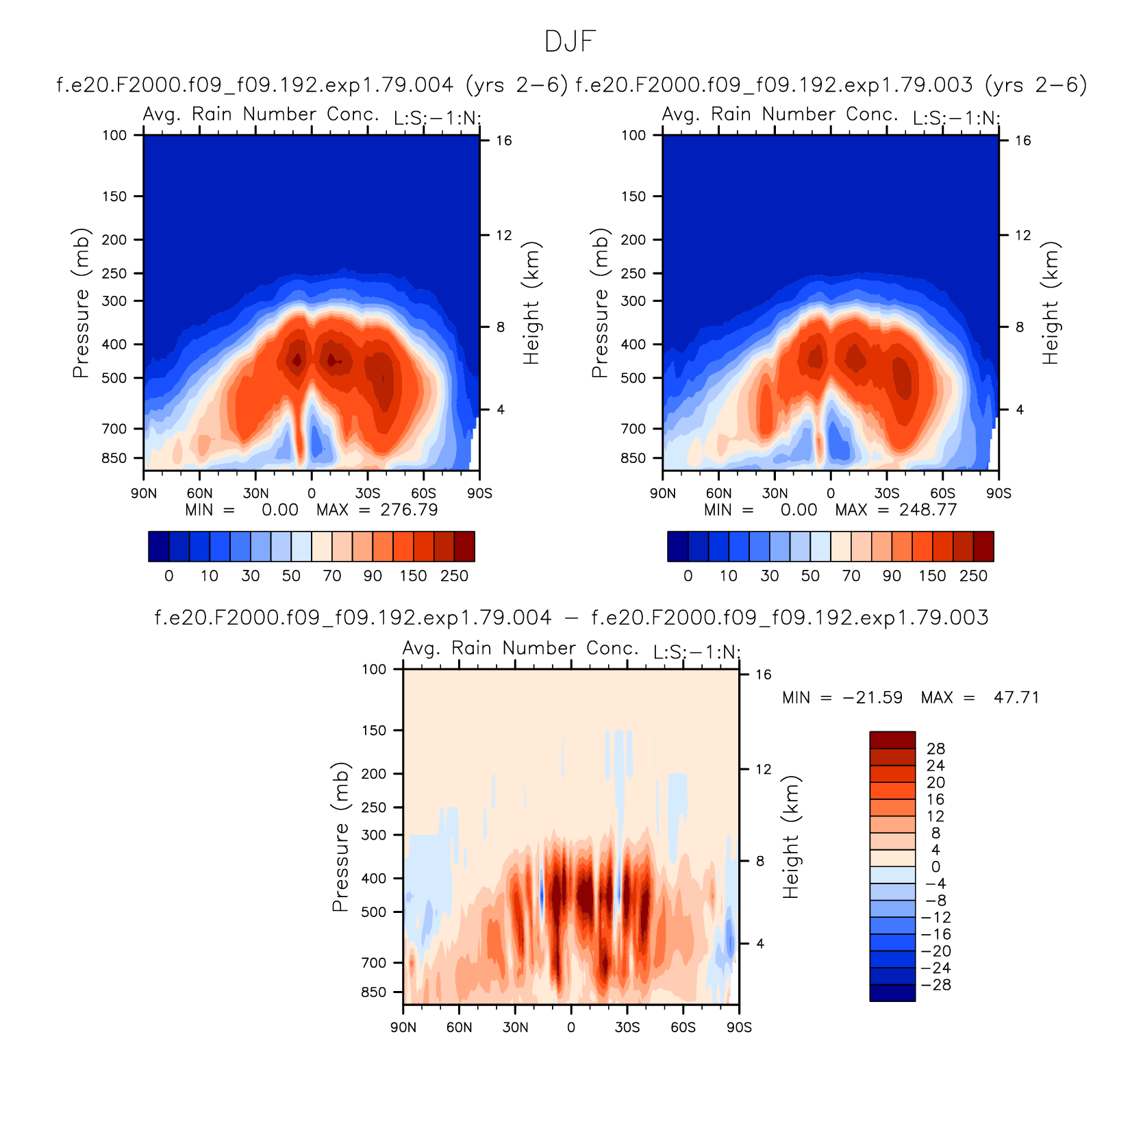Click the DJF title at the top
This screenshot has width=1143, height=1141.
point(570,42)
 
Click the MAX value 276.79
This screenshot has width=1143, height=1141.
point(409,510)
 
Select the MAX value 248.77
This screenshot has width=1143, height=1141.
point(928,510)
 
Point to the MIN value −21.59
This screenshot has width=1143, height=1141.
point(872,698)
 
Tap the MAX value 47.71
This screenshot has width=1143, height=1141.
point(1016,698)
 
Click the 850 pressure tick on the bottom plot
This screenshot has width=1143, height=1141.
point(374,992)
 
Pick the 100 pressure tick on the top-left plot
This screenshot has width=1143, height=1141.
point(114,136)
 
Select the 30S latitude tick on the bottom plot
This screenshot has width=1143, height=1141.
point(627,1027)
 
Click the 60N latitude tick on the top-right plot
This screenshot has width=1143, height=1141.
point(719,493)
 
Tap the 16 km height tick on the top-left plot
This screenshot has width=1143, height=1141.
point(504,140)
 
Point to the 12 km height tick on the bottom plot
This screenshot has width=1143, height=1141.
point(764,769)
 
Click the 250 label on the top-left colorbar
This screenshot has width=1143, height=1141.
point(454,576)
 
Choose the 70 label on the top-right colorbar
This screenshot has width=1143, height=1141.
point(851,576)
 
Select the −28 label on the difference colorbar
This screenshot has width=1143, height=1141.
point(936,985)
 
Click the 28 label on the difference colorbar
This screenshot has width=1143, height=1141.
point(936,749)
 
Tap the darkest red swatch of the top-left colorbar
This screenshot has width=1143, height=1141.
point(464,547)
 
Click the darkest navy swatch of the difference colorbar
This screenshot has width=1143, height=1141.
point(892,993)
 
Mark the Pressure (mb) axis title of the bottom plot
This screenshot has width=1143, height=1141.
point(340,837)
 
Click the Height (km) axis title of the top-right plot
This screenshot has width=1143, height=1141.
point(1051,303)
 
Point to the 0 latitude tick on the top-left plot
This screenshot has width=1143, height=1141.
point(312,493)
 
